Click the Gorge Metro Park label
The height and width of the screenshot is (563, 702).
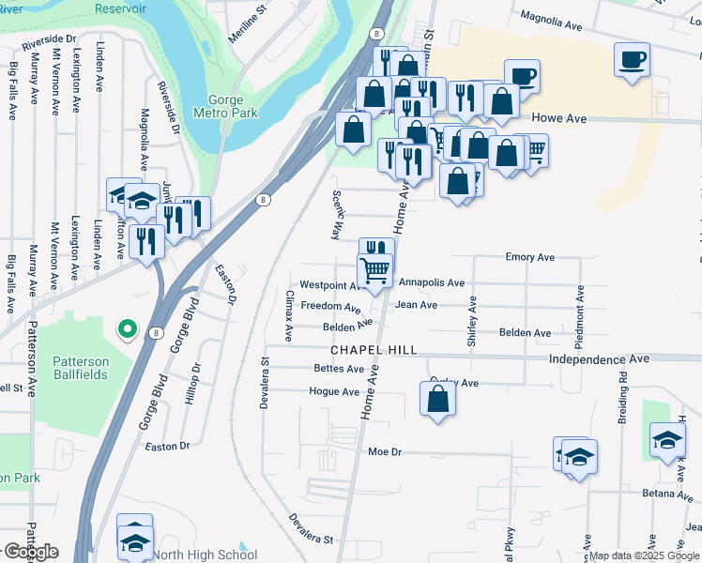pyautogui.click(x=224, y=107)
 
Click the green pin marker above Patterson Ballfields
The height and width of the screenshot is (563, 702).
pyautogui.click(x=126, y=329)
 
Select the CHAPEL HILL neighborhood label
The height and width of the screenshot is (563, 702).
pyautogui.click(x=374, y=350)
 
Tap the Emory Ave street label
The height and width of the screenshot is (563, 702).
pyautogui.click(x=530, y=256)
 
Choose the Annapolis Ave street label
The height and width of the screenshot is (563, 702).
pyautogui.click(x=432, y=282)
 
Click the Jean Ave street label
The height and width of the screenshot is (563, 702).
pyautogui.click(x=416, y=305)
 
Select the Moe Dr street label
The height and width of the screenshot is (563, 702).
pyautogui.click(x=385, y=451)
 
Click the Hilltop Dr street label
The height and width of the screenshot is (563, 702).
pyautogui.click(x=195, y=387)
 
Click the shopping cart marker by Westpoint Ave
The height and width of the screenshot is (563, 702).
pyautogui.click(x=375, y=270)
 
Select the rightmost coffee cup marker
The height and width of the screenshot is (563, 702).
pyautogui.click(x=632, y=61)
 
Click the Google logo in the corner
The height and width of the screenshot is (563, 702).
pyautogui.click(x=30, y=552)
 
